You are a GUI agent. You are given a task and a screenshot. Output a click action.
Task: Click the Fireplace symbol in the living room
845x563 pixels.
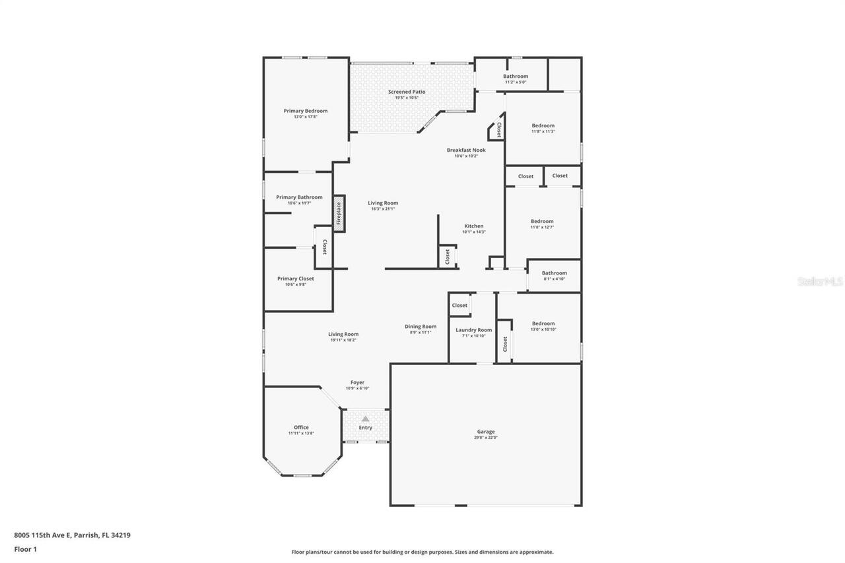coord(339,213)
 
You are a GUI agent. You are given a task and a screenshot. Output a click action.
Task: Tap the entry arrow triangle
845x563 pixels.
coord(365,418)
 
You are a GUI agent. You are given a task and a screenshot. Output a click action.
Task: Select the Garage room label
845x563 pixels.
coord(486,432)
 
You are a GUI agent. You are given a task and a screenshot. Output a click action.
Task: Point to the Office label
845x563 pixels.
coord(301,427)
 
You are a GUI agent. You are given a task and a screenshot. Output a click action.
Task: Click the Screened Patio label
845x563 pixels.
coord(407,92)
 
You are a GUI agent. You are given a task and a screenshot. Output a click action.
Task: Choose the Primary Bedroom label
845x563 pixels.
coord(306,111)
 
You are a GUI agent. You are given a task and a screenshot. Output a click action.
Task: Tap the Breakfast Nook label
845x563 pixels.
coord(466,150)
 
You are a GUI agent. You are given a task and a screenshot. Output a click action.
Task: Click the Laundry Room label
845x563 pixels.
coord(474,330)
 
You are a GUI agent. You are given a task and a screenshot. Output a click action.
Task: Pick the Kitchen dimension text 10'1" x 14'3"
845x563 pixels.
coord(474,232)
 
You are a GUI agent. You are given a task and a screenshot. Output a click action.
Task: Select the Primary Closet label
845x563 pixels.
coord(296,279)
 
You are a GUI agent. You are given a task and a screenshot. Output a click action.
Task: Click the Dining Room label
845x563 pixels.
coord(421,326)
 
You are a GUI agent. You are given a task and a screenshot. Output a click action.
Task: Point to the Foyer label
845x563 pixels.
coord(357,382)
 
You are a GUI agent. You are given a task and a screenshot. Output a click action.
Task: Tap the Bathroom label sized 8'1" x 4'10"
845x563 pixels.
coord(555,273)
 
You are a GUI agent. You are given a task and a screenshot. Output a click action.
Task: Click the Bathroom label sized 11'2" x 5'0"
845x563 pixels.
coord(516,76)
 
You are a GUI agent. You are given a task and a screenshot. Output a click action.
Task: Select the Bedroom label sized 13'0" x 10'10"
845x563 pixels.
coord(543,323)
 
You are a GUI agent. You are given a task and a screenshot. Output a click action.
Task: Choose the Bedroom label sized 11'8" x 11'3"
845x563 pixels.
coord(543,125)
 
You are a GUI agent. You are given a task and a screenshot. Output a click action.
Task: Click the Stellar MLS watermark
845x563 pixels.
coord(821,281)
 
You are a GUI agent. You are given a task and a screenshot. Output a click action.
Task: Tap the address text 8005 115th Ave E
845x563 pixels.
coord(42,535)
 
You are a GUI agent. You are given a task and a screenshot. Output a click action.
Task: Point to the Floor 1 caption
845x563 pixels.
coord(25,548)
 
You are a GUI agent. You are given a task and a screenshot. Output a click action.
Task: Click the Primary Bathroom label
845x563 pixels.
coord(299,197)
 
